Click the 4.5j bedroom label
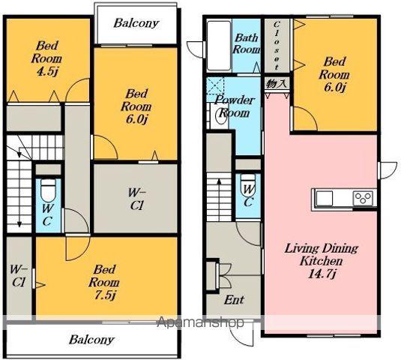point(46,58)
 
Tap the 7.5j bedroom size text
point(105,295)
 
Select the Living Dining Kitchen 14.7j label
point(322,261)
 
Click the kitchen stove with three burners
point(364,198)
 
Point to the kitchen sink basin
point(325,199)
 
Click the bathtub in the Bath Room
point(219,46)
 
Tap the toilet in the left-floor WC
point(48,190)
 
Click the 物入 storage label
point(277,84)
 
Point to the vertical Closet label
point(277,46)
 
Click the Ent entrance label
point(234,300)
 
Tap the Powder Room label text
point(234,106)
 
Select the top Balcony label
point(136,23)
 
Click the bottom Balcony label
point(91,340)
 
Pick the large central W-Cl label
point(136,199)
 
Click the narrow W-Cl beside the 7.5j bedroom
point(18,276)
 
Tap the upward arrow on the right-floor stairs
point(219,199)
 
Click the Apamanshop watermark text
point(200,322)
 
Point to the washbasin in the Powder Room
point(221,115)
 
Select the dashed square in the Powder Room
point(215,85)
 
